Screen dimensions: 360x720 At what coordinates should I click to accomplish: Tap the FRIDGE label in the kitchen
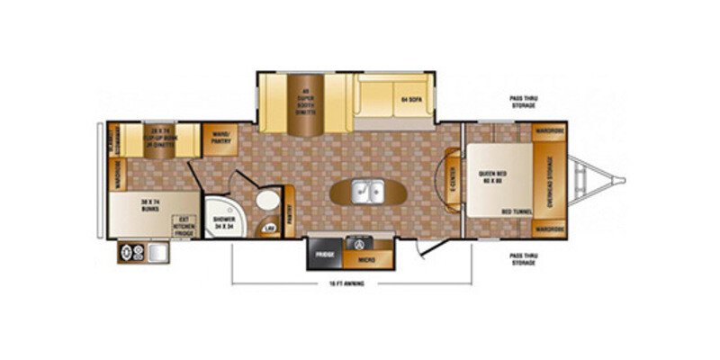[324, 255]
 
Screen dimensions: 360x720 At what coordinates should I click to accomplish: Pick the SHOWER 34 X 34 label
[222, 222]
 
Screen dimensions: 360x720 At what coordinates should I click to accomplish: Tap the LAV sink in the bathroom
[269, 229]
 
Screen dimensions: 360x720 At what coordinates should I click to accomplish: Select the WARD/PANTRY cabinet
[217, 138]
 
